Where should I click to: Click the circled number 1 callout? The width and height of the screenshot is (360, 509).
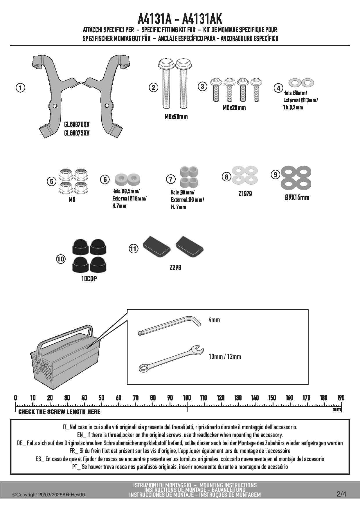click(20, 88)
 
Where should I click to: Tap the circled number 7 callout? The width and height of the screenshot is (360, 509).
click(171, 179)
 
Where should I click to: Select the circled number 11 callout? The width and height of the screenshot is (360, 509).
click(133, 248)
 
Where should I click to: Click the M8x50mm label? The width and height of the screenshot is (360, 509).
click(176, 117)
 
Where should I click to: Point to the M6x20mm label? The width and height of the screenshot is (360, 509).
click(234, 108)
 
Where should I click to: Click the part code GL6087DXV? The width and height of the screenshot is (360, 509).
click(77, 124)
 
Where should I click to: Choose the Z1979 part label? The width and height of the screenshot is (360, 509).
click(245, 194)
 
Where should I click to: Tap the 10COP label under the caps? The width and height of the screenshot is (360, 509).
click(89, 279)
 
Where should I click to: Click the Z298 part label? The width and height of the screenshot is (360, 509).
click(175, 267)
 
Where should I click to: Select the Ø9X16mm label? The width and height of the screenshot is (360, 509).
click(297, 197)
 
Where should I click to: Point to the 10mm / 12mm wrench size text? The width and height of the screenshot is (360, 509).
click(225, 357)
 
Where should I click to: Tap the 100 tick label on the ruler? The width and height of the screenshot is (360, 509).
click(187, 398)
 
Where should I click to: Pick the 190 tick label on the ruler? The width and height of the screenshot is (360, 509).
click(341, 398)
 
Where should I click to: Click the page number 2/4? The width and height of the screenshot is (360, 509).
click(341, 494)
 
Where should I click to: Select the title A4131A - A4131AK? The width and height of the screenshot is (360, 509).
click(180, 19)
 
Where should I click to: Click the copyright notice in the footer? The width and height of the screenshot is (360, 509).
click(49, 495)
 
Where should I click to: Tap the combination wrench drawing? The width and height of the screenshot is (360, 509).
click(171, 359)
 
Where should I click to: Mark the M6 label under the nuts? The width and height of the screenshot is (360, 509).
click(72, 200)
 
